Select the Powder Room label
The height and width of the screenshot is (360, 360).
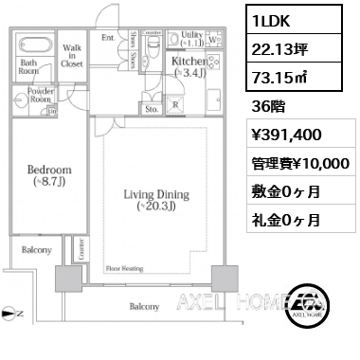point(40,96)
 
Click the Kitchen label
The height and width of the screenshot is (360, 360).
point(185,63)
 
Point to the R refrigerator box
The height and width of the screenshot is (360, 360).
point(176,104)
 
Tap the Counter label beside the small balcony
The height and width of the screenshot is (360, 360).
point(81,250)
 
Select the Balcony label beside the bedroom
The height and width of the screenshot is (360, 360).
point(37,251)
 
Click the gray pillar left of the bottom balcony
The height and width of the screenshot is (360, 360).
point(68,279)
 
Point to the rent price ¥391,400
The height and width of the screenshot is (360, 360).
point(288,133)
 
